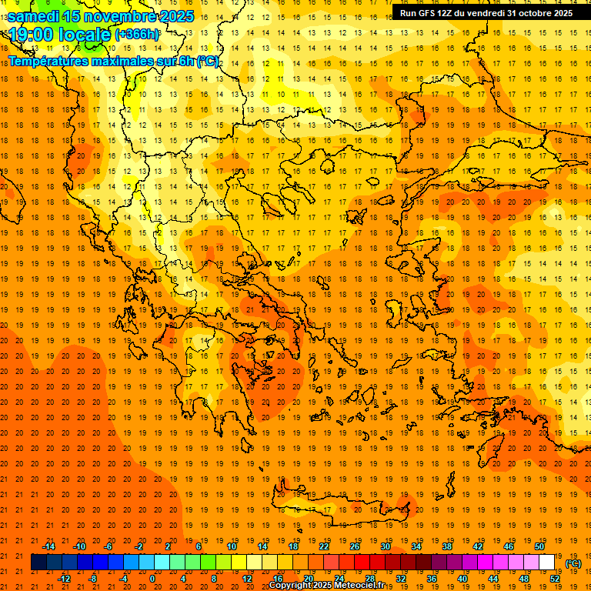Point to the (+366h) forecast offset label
point(138,35)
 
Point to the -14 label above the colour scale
point(48,546)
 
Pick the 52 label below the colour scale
point(555,579)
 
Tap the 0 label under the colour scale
point(152,579)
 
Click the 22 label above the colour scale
point(324,546)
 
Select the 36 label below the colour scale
point(432,579)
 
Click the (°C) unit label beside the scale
point(573,563)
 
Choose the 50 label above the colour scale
point(539,546)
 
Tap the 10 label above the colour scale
point(232,546)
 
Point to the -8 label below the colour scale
point(92,579)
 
